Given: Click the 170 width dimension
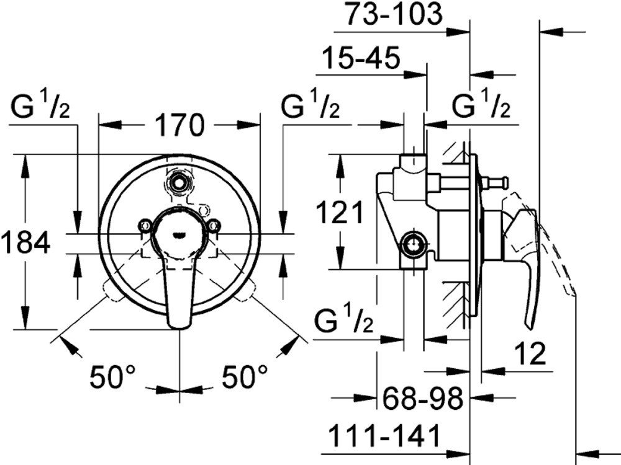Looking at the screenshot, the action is coord(179,125).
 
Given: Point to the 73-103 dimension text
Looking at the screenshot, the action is coord(393,14).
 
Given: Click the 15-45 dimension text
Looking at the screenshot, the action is coord(361,58).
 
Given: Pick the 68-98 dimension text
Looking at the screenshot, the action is coord(422,398).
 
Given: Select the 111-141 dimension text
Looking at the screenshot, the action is coord(385,435).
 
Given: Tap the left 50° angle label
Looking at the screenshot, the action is coord(112,377).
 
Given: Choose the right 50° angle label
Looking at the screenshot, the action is coord(244,377).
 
